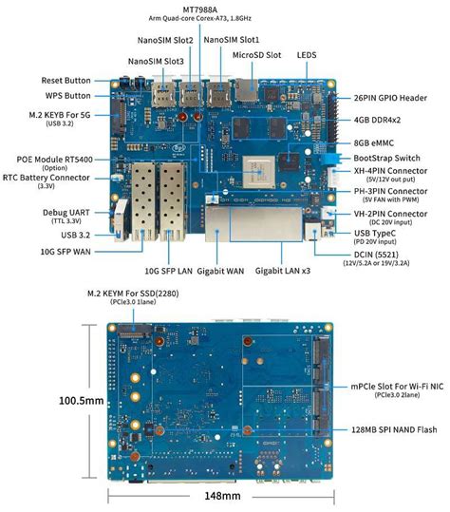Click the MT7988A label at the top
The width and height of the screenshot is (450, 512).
[x=194, y=7]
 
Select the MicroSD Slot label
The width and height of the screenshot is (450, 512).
[x=255, y=55]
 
